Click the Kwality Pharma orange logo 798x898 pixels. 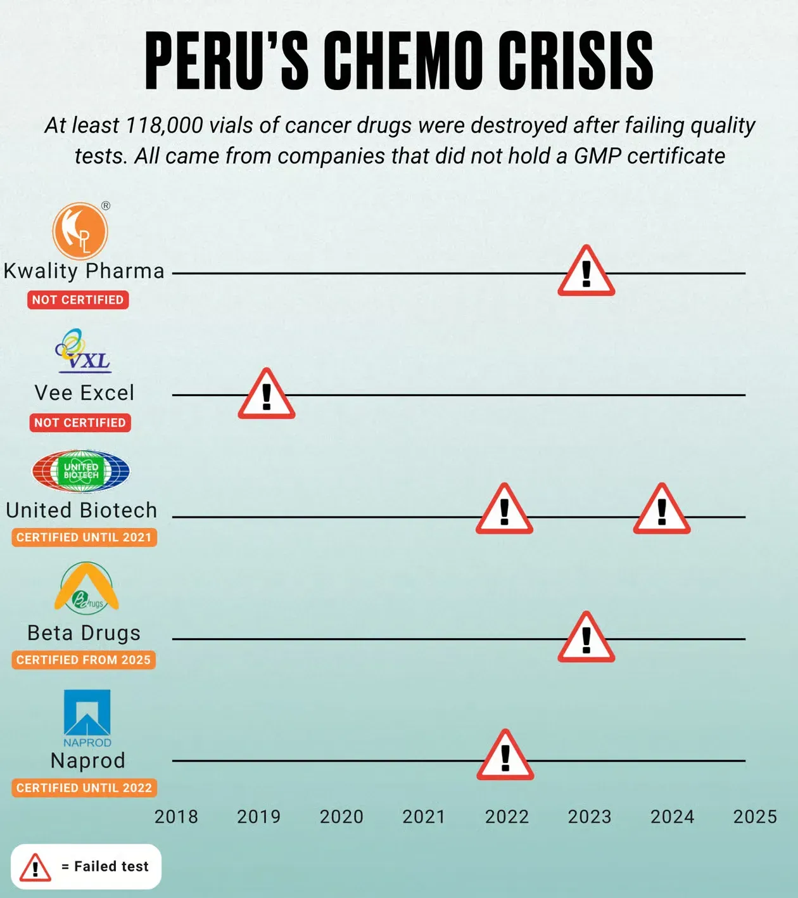[x=80, y=231]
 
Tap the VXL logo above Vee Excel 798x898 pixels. [x=83, y=350]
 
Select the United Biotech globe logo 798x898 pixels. [x=81, y=471]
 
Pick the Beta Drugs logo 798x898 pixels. [x=86, y=588]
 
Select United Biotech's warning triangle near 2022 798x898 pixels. [x=504, y=508]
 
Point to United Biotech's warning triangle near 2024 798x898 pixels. [x=662, y=508]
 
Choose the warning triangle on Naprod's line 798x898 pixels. [x=505, y=754]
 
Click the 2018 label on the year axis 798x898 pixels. [x=176, y=817]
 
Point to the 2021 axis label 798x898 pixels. [x=424, y=817]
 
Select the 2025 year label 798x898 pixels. [x=755, y=817]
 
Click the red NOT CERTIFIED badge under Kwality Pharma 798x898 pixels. [x=78, y=300]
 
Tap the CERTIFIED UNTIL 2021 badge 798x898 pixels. [x=84, y=537]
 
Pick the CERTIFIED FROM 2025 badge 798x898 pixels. [x=84, y=660]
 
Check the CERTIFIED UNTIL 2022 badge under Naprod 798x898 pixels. [x=84, y=788]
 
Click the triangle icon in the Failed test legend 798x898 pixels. [x=35, y=866]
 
